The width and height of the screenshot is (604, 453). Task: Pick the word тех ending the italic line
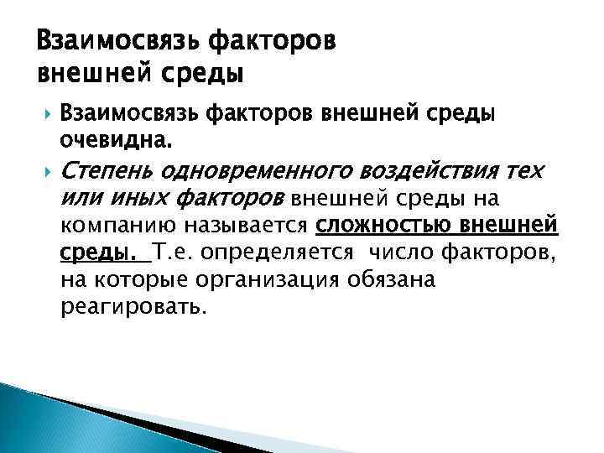(x=525, y=172)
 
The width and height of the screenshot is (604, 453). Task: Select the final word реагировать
(x=133, y=307)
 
